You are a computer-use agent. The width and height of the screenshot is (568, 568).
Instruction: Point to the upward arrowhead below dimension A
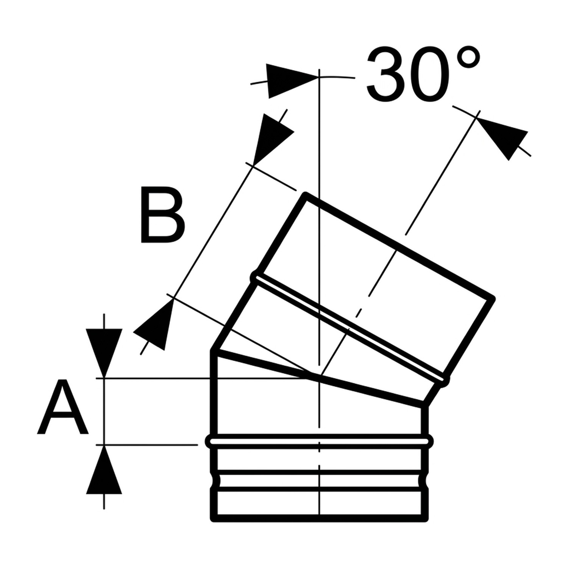tap(104, 470)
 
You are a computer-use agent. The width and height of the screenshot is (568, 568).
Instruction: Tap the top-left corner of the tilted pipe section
tap(305, 195)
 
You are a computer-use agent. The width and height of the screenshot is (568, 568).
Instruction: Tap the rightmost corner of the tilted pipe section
tap(492, 298)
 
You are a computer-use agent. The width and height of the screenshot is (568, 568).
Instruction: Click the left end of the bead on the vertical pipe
tap(208, 441)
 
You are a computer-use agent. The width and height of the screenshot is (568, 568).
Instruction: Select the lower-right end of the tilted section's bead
tap(446, 379)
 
